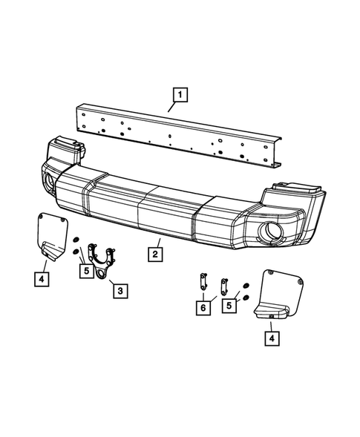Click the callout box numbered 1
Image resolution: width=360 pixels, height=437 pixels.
tap(180, 94)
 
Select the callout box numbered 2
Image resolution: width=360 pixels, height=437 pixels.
tap(154, 254)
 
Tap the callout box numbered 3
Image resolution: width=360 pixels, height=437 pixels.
tap(119, 290)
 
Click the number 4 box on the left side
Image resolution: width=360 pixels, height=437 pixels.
tap(42, 279)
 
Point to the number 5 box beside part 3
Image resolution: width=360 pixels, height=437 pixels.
tap(87, 271)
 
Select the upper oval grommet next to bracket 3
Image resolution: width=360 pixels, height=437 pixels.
tap(77, 240)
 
